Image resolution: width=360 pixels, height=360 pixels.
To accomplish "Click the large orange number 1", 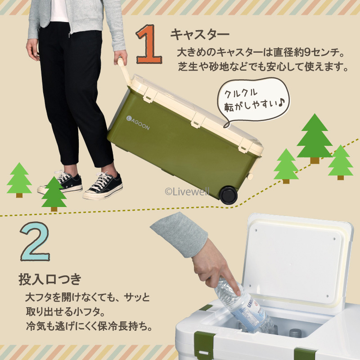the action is tap(149, 44).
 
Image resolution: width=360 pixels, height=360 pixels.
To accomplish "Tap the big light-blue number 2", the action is tap(35, 241).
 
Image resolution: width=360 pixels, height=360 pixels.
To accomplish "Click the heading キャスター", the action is tap(200, 35).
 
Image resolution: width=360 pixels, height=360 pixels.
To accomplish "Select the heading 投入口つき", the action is tap(50, 279).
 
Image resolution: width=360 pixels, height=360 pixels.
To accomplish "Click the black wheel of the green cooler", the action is tap(228, 195).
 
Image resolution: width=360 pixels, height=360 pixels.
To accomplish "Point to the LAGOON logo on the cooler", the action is tap(138, 122).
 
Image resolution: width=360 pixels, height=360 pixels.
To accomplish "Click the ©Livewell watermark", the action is tap(187, 192).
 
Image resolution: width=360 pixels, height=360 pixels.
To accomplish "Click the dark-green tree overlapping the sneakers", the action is tap(54, 193).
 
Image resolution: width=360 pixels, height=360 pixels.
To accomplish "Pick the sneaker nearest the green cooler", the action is tap(103, 186).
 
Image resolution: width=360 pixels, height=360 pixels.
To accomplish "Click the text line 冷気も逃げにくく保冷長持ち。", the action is tap(89, 326).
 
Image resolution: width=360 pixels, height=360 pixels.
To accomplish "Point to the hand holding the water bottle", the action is tap(215, 269).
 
